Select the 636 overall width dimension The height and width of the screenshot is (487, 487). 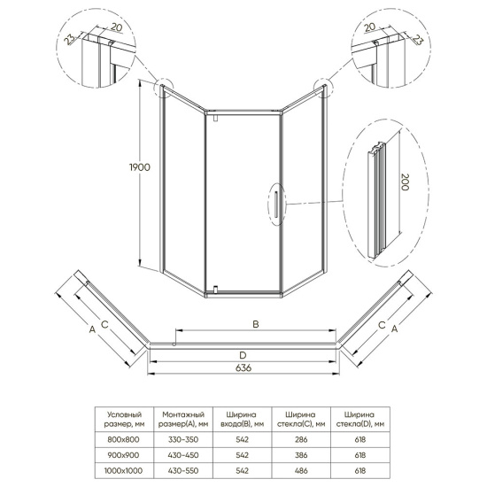[x=242, y=368]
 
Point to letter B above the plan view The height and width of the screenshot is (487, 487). [x=255, y=325]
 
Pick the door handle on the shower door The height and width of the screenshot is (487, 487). [x=277, y=201]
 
